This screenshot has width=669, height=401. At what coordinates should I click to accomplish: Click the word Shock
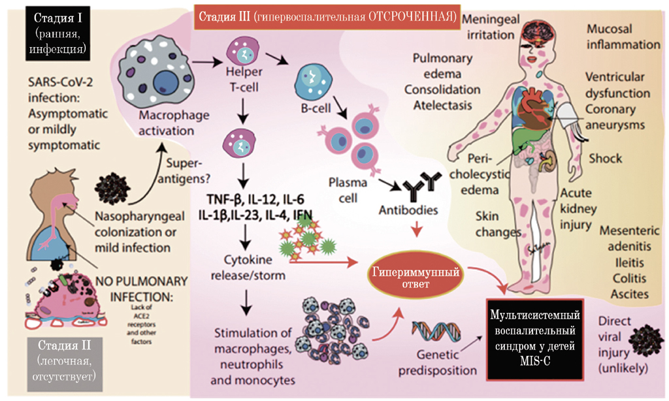click(x=605, y=159)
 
